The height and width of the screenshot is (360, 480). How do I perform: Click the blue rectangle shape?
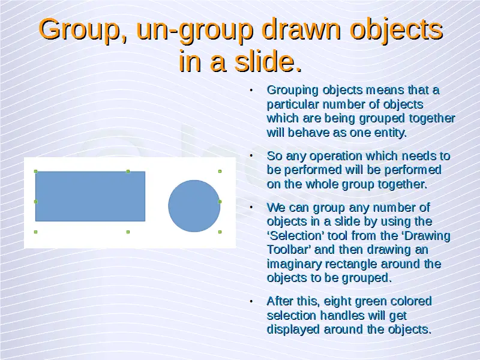pos(91,196)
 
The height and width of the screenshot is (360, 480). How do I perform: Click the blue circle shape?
pos(194,206)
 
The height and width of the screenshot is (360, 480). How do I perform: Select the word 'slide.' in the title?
pos(268,61)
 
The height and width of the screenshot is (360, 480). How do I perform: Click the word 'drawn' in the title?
pos(302,29)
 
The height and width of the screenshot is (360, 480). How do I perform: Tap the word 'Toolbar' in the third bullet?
pos(289,250)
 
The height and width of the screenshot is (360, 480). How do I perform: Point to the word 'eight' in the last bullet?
pos(338,302)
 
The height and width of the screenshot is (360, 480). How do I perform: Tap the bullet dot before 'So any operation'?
pos(251,156)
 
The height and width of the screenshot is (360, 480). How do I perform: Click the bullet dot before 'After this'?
pos(251,301)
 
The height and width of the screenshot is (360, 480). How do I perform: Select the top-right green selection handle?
pos(220,172)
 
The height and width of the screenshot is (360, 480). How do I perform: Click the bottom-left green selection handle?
pos(35,232)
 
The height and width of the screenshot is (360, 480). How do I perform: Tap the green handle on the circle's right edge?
pos(220,202)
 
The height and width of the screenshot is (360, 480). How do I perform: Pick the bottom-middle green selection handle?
pos(128,232)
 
